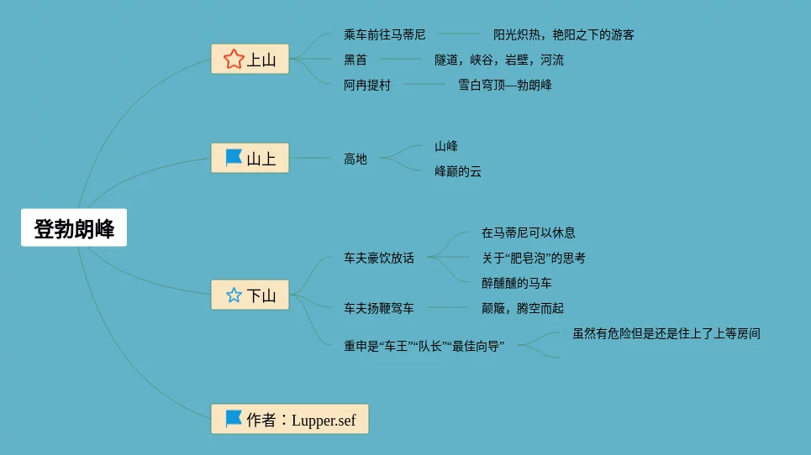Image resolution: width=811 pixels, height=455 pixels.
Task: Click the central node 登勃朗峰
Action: coord(74,228)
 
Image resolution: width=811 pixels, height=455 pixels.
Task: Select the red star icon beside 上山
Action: coord(234,59)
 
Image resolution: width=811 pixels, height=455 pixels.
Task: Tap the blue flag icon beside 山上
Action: coord(234,158)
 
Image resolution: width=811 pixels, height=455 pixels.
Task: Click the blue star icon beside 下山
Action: coord(234,295)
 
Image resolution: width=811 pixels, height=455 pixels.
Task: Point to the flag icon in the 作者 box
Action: coord(234,419)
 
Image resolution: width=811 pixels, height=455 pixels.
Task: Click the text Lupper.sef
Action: coord(324,421)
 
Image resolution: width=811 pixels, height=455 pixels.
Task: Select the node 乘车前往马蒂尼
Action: coord(385,34)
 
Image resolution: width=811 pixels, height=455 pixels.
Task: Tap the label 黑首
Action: coord(355,60)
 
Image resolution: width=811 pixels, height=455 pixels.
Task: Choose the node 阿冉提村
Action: coord(367,85)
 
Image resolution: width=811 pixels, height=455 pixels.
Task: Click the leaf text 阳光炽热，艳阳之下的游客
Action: coord(563,34)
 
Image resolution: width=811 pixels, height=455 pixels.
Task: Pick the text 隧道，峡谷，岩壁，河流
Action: coord(499,60)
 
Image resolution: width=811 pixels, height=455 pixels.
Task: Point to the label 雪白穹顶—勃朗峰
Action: coord(504,85)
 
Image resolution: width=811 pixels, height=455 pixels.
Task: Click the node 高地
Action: coord(355,159)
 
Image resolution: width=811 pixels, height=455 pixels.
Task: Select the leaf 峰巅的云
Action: coord(458,171)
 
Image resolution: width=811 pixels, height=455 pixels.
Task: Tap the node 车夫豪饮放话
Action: coord(379,258)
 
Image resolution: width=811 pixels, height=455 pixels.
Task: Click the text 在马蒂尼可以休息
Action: coord(529,233)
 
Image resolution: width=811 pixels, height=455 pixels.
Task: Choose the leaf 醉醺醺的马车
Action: coord(517,283)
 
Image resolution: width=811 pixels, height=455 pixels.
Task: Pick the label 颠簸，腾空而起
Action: coord(523,308)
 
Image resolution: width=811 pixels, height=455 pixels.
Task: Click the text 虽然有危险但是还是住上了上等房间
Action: coord(666,333)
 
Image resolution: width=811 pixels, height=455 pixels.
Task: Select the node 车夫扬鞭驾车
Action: coord(379,308)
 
